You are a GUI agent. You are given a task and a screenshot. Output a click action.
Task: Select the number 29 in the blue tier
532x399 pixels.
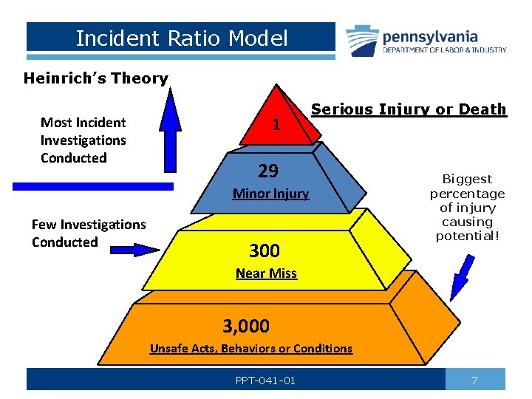(268, 171)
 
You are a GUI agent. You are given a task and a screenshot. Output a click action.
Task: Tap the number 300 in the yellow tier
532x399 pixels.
(264, 250)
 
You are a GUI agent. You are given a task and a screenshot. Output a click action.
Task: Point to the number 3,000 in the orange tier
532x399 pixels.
(247, 325)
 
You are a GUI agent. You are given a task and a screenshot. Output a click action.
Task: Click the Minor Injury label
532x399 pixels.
(270, 194)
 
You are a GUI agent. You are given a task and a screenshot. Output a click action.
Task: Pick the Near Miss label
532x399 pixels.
(266, 273)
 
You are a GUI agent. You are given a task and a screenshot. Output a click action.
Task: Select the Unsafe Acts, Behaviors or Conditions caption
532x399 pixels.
(251, 349)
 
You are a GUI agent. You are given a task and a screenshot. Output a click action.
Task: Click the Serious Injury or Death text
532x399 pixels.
(409, 109)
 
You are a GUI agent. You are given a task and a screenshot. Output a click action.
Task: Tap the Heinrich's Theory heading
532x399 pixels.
(96, 78)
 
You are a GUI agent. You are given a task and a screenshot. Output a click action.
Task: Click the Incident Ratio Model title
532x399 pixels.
(182, 38)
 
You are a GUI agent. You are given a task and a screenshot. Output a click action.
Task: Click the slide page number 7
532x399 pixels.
(474, 380)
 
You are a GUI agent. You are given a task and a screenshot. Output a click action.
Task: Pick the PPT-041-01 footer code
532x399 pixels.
(265, 381)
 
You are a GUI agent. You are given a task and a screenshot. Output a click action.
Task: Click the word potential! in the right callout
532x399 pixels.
(467, 235)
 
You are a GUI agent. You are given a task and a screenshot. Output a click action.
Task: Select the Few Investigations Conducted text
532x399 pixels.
(89, 233)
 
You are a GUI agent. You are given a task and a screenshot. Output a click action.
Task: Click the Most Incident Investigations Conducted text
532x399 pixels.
(83, 140)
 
